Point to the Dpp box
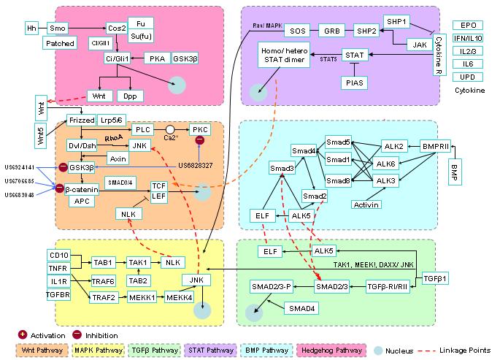tap(130, 96)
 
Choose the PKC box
tap(199, 129)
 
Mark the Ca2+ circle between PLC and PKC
tap(169, 130)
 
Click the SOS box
tap(298, 31)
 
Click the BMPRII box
tap(440, 146)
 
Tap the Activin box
tap(368, 204)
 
